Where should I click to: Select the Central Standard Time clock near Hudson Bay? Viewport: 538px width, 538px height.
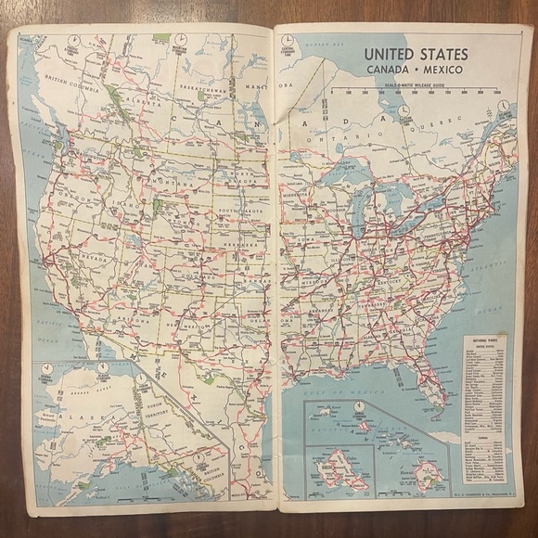(x=288, y=43)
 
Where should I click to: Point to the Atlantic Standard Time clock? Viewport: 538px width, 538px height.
(x=502, y=108)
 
